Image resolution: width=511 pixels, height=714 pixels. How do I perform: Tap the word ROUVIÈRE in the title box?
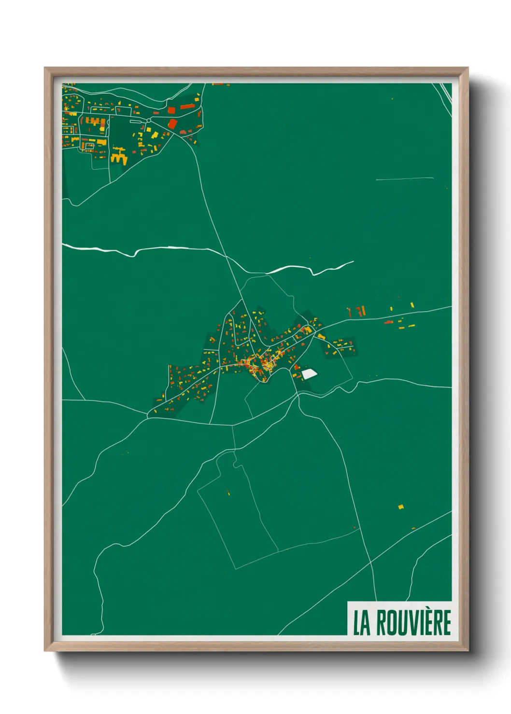click(413, 623)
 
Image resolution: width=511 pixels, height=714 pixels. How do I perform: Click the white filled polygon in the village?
click(309, 373)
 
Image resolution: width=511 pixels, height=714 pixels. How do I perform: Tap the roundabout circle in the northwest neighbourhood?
click(149, 120)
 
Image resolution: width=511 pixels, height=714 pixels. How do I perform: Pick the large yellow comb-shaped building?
click(119, 157)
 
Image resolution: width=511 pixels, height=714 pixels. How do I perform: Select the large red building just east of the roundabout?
click(172, 124)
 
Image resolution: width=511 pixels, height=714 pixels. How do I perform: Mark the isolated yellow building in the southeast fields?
click(400, 507)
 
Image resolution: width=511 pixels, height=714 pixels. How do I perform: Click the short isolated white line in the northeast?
click(405, 179)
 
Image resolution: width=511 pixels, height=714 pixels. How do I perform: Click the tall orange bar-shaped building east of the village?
click(363, 311)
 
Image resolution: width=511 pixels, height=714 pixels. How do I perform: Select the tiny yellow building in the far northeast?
click(392, 99)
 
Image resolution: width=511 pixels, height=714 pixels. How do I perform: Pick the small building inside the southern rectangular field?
click(228, 492)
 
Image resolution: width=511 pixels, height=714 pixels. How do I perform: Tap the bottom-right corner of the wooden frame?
click(468, 650)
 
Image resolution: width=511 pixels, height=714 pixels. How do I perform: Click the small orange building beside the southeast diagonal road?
click(413, 529)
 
